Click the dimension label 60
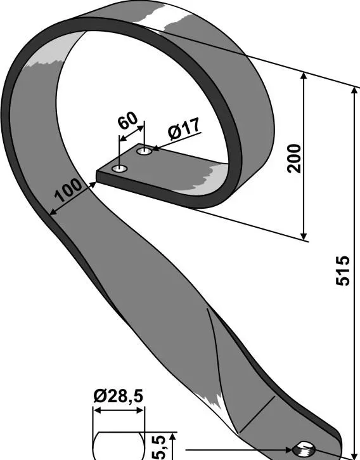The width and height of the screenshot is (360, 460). coord(128,120)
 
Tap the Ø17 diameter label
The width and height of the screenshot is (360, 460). coord(184,129)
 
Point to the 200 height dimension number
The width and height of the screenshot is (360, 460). coord(294,159)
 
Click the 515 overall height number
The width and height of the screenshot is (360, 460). coord(343,271)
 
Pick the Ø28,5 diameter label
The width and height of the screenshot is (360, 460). coord(119,397)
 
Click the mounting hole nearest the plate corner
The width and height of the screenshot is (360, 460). coord(120,169)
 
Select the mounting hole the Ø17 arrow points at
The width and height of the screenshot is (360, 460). coord(144,152)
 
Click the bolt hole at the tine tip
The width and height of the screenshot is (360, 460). coord(304,449)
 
